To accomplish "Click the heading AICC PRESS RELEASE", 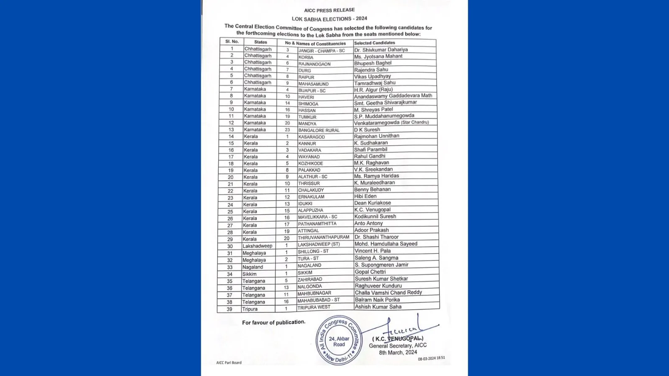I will tap(329, 10).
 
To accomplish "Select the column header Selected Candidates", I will tap(374, 43).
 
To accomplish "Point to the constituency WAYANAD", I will tap(309, 157).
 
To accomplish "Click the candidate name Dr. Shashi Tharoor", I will tap(376, 237).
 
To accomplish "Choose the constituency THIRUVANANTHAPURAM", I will tap(323, 237).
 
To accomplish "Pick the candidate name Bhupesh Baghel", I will tap(373, 63).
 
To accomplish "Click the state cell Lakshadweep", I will tap(257, 246).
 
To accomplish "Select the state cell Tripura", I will tap(250, 309).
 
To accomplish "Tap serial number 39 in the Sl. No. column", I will tap(230, 309).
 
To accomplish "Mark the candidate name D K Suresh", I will tap(367, 130).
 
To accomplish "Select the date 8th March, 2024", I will tap(398, 353).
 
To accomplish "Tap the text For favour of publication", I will tap(273, 322).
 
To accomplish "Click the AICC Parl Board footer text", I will tap(229, 363).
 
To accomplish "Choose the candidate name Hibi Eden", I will tap(365, 196).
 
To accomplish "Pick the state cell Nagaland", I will tap(253, 267).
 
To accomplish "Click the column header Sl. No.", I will tap(232, 42).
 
